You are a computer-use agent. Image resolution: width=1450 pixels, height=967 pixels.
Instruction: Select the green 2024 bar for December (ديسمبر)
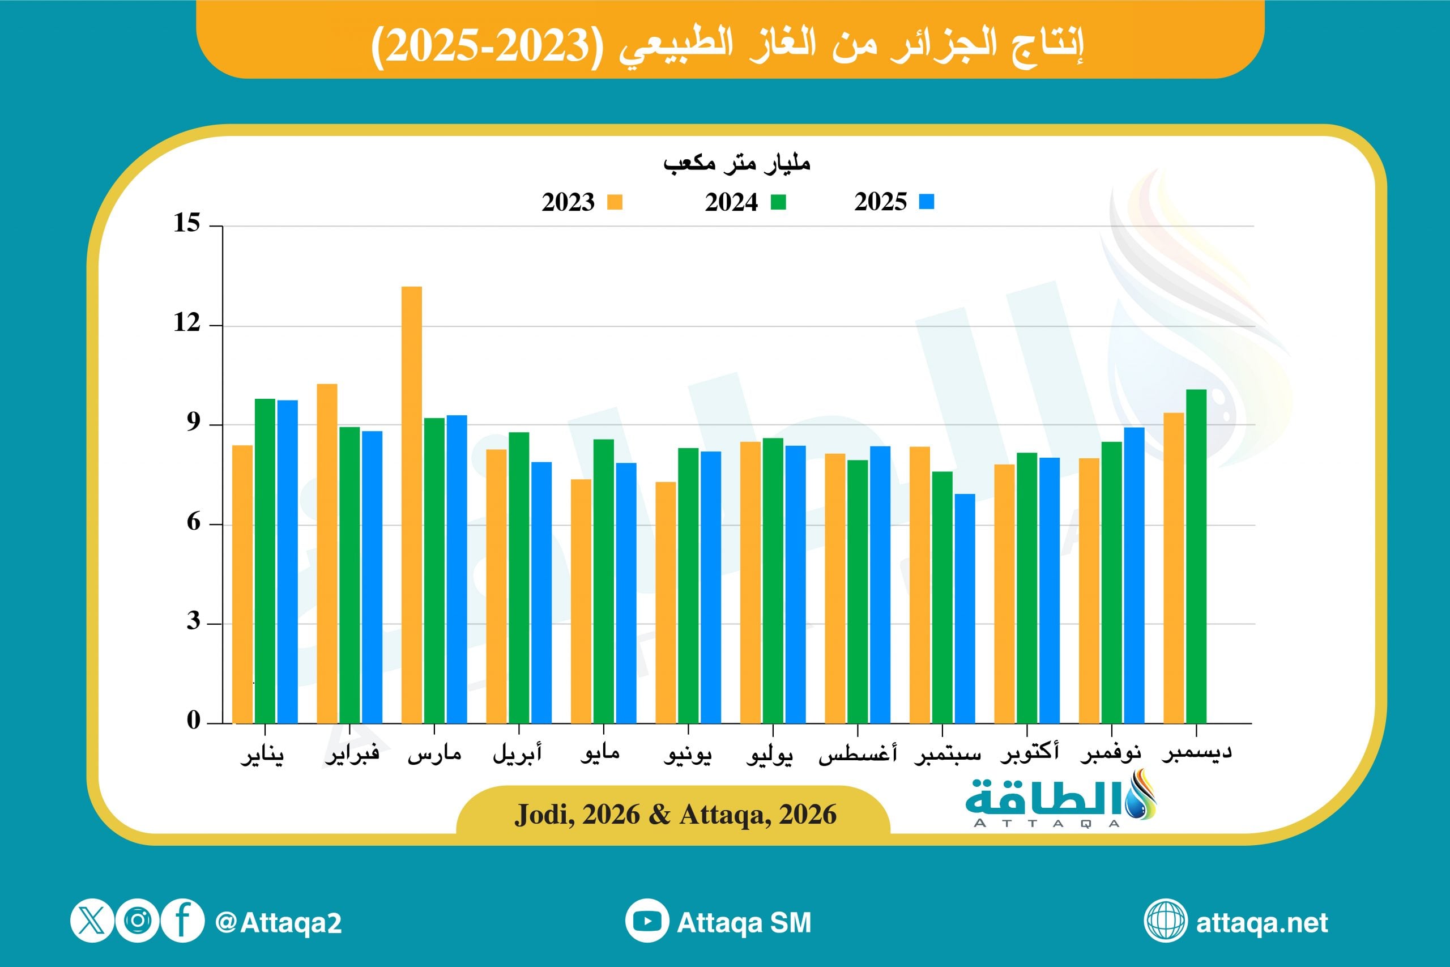pos(1196,556)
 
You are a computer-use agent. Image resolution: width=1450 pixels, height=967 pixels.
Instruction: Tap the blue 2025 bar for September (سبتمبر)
pos(965,608)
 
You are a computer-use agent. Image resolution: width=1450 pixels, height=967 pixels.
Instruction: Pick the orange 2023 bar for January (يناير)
pos(242,583)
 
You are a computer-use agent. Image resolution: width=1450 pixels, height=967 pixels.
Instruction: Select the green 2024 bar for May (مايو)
pos(604,580)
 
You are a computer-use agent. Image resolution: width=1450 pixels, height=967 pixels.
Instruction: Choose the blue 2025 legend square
pos(926,202)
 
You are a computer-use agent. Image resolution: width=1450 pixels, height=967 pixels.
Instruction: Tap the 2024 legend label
pos(731,202)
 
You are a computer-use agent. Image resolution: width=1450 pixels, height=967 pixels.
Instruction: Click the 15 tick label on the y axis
pos(187,223)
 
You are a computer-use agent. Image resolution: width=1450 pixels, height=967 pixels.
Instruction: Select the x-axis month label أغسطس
pos(857,754)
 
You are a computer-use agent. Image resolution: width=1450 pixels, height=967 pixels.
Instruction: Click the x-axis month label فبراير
pos(352,754)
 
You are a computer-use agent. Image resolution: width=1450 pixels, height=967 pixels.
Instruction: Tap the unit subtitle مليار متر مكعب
pos(737,163)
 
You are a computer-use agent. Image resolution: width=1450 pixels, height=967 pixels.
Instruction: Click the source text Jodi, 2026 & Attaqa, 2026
pos(676,815)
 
